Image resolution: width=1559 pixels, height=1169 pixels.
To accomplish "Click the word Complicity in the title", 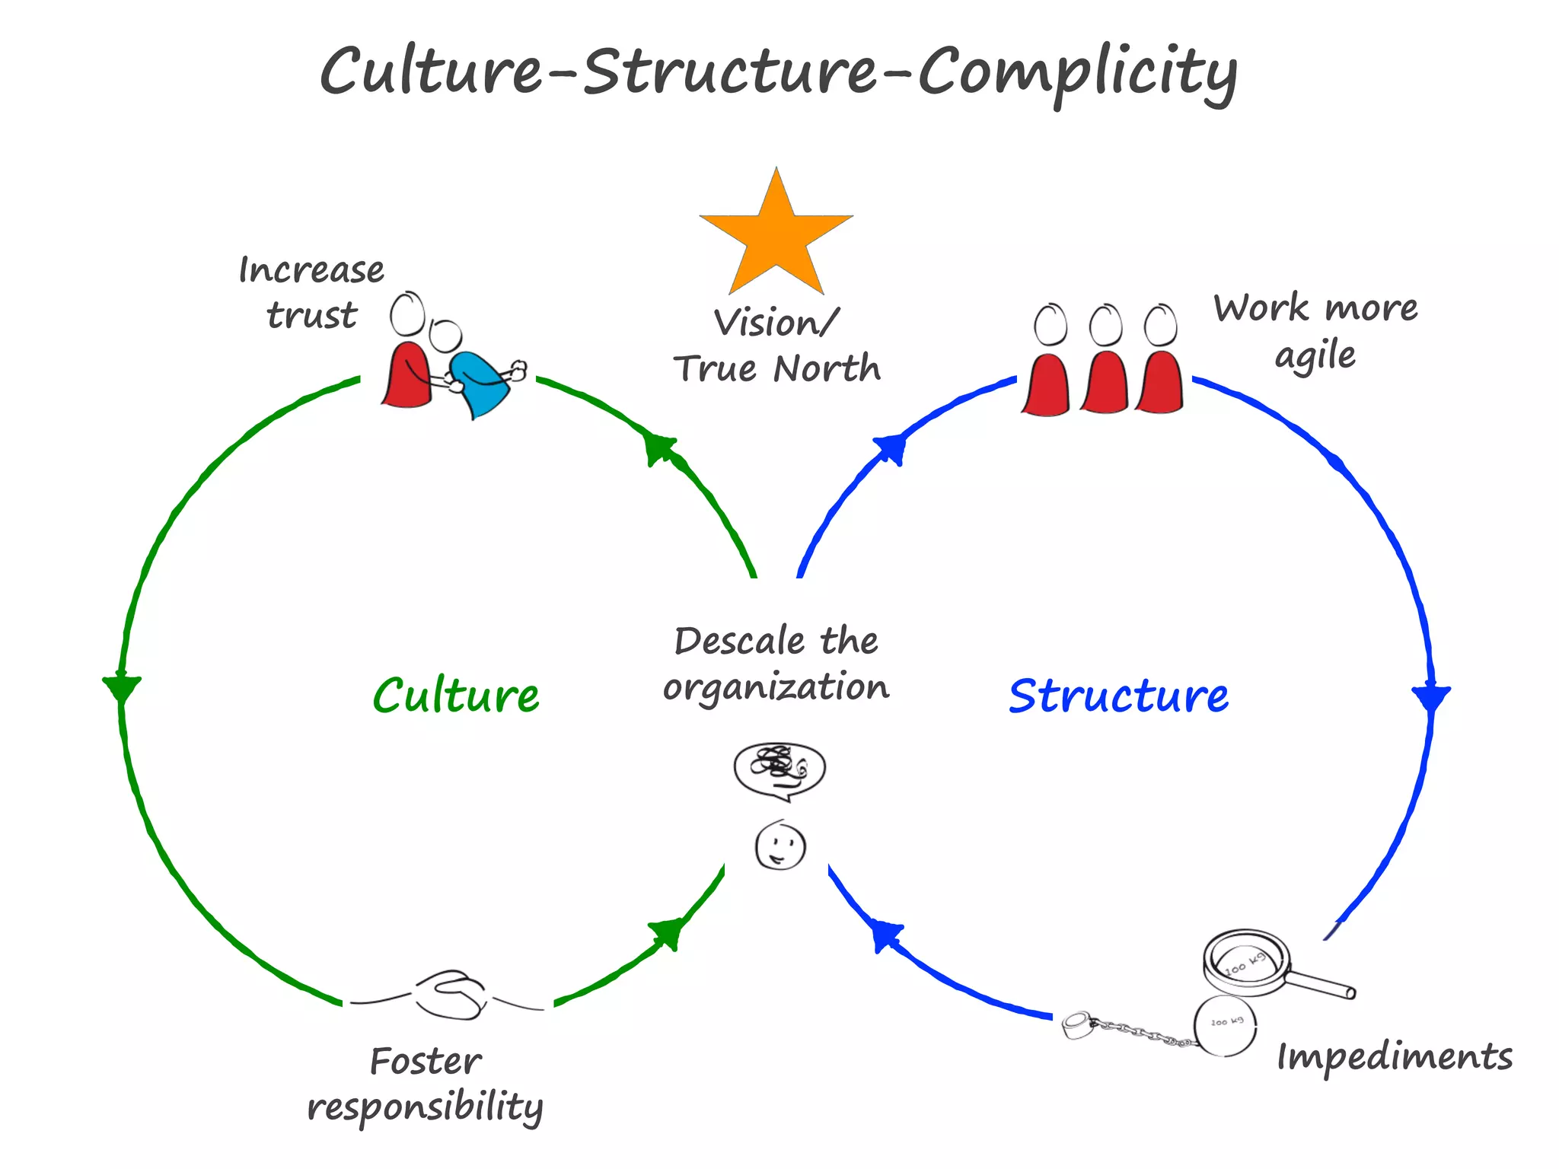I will click(1077, 72).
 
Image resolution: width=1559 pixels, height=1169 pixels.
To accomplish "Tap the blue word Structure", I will click(1118, 696).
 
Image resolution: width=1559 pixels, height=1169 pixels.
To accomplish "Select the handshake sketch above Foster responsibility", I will click(451, 994).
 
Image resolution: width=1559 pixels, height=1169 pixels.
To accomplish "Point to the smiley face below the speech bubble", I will click(780, 846).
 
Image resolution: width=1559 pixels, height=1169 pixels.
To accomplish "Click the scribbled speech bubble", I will click(779, 769).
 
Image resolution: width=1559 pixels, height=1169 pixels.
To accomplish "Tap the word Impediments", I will click(1394, 1057).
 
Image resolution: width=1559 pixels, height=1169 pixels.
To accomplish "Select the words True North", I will click(776, 368).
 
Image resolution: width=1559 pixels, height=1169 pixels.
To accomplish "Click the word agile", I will click(1315, 356).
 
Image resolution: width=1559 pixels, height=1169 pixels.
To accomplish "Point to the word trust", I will click(311, 314).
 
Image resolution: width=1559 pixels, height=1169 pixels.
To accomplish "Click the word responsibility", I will click(425, 1107).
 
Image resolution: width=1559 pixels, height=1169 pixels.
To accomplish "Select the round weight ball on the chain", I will click(1225, 1025).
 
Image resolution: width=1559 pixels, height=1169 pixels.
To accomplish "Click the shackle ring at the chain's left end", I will click(1077, 1024).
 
